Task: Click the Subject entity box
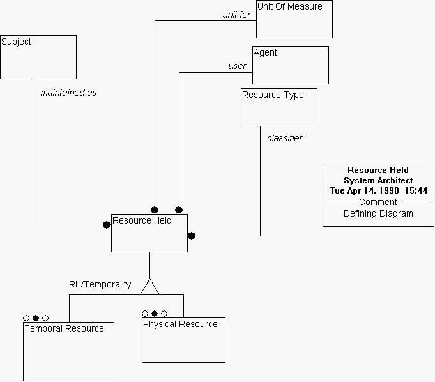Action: pos(38,57)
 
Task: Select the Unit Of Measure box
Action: pos(294,19)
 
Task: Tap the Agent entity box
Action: pos(291,65)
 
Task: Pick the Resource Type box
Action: pos(279,107)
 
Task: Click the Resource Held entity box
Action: pos(149,233)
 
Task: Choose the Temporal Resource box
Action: pos(68,351)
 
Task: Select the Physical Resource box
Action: pos(183,340)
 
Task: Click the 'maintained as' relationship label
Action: pos(68,93)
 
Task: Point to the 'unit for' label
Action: pos(237,15)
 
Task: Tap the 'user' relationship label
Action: pos(237,66)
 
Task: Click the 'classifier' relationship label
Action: pos(285,138)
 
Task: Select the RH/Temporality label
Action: pos(100,284)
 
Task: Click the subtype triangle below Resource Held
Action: pos(149,287)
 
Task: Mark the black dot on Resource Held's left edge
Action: pos(107,225)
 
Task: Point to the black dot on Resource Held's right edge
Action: pos(192,236)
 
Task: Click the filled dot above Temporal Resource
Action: pos(36,317)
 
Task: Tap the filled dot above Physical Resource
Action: pos(155,314)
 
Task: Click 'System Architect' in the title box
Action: pos(378,181)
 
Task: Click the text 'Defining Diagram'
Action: pos(378,214)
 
